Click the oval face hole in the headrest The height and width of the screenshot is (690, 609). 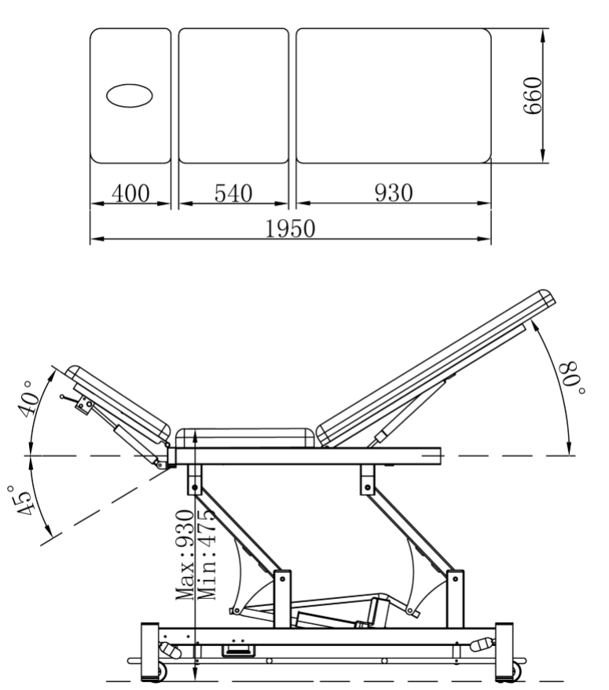click(x=130, y=95)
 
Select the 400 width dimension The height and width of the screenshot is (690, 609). click(x=130, y=193)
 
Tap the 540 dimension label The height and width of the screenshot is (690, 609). click(x=232, y=193)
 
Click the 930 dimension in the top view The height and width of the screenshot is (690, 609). click(x=393, y=193)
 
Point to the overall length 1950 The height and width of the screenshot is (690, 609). click(x=290, y=228)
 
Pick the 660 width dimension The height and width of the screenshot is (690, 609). click(x=534, y=96)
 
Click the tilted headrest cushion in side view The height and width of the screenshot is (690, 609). click(x=118, y=400)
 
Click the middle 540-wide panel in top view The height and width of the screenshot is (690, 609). click(x=232, y=95)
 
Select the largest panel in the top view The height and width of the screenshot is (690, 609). click(x=393, y=95)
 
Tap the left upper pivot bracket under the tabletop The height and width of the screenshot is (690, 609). click(x=193, y=478)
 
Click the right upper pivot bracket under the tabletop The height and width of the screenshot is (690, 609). click(x=367, y=478)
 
